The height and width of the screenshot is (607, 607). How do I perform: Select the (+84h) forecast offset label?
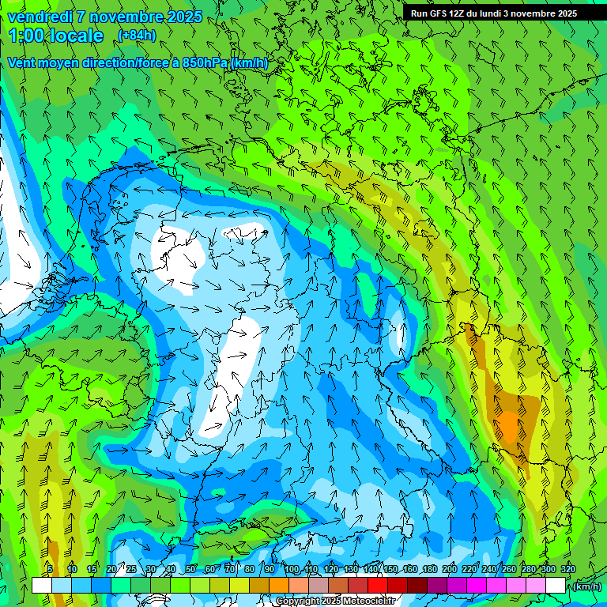click(x=137, y=36)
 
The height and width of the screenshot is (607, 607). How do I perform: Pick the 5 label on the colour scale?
click(x=50, y=569)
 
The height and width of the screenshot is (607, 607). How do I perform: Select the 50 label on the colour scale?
click(x=190, y=569)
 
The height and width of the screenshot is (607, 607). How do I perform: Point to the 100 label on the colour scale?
click(x=292, y=569)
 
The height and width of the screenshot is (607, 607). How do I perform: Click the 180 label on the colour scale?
click(x=430, y=569)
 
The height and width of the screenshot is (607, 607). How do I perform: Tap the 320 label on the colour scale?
click(x=568, y=569)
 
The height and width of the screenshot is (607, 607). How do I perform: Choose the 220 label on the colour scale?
click(x=469, y=569)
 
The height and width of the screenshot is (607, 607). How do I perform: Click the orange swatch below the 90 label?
click(x=278, y=586)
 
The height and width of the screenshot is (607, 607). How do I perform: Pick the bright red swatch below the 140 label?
click(x=377, y=586)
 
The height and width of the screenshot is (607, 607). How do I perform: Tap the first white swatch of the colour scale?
click(x=41, y=586)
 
